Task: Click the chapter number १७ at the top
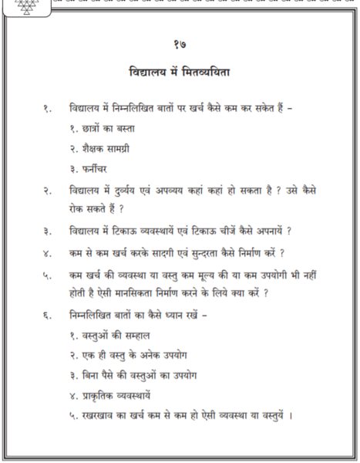[x=179, y=45]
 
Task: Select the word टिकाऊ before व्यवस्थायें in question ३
[x=136, y=230]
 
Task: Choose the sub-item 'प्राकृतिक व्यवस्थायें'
[x=109, y=397]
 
